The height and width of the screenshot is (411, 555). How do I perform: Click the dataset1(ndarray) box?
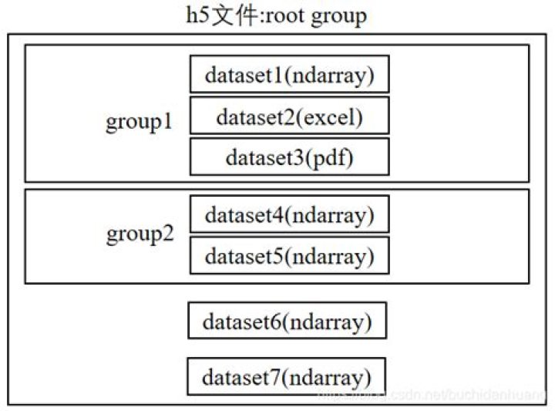(289, 74)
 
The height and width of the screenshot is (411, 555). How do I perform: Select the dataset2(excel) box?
(289, 116)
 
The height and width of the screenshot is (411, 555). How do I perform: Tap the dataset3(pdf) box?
(289, 157)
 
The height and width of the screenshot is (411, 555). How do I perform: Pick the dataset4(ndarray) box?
(289, 214)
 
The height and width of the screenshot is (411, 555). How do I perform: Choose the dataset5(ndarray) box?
(289, 255)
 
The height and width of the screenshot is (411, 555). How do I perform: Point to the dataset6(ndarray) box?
(287, 321)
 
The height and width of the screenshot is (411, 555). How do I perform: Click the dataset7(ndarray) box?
(286, 377)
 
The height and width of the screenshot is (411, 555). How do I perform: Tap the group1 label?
(140, 122)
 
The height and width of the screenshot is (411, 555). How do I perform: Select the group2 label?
(140, 234)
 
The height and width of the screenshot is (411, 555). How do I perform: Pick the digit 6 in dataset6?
(276, 321)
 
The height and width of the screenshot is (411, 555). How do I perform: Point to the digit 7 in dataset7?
(275, 378)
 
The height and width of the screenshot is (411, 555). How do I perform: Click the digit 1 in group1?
(167, 122)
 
